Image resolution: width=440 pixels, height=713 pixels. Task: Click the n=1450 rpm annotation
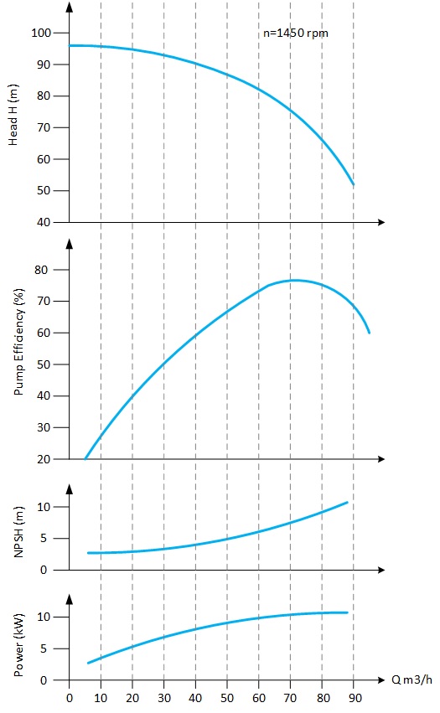pyautogui.click(x=296, y=33)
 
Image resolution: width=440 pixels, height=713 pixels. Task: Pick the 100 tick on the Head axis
pyautogui.click(x=41, y=33)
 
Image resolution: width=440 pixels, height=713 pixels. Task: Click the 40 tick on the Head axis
pyautogui.click(x=44, y=222)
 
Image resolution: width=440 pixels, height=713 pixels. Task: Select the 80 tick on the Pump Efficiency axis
pyautogui.click(x=44, y=270)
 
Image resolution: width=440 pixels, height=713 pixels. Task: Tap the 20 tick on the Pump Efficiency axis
pyautogui.click(x=44, y=459)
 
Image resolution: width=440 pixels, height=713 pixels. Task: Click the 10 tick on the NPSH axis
pyautogui.click(x=44, y=507)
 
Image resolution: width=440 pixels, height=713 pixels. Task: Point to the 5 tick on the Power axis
pyautogui.click(x=48, y=648)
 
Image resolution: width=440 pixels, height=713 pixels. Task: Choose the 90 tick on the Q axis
pyautogui.click(x=354, y=696)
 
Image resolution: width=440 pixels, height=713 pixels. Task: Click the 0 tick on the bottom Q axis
pyautogui.click(x=70, y=696)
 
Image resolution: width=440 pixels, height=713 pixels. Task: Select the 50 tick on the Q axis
pyautogui.click(x=227, y=696)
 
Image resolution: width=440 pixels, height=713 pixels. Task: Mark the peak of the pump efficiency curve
pyautogui.click(x=294, y=280)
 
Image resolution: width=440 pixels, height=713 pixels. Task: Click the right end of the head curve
pyautogui.click(x=354, y=184)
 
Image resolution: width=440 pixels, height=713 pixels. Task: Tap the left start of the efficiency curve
pyautogui.click(x=85, y=458)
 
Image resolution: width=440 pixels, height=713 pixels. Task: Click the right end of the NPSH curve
pyautogui.click(x=347, y=502)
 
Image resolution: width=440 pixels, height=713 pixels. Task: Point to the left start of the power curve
pyautogui.click(x=88, y=663)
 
